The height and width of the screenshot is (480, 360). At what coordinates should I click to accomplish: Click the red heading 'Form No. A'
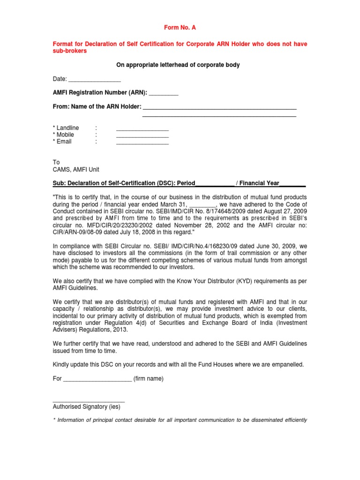[x=180, y=28]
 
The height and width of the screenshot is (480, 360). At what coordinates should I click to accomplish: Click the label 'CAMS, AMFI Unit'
[x=76, y=169]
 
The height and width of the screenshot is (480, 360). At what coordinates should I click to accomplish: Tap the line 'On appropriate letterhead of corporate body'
[x=178, y=65]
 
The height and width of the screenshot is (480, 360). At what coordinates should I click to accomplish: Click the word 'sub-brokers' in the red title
[x=70, y=51]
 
